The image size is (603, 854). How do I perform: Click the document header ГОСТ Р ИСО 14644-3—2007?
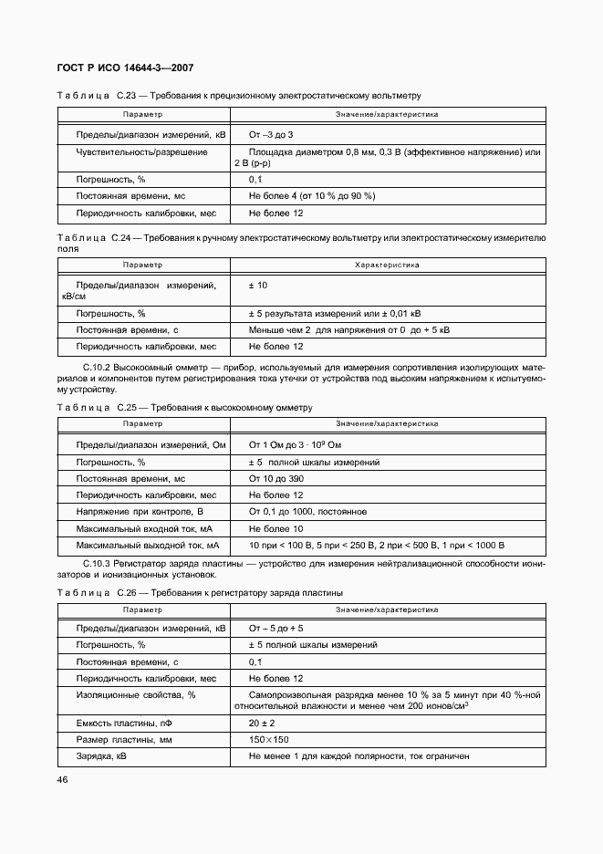(125, 68)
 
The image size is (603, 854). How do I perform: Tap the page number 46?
(63, 779)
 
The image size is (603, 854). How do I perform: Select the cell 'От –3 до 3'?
(271, 134)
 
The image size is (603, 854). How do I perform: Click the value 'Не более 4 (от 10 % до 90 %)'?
(311, 196)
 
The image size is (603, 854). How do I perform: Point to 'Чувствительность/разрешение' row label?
(141, 151)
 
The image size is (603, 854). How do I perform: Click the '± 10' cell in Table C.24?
(258, 286)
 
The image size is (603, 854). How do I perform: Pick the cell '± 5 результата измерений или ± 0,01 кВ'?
(335, 313)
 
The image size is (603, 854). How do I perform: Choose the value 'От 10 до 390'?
(276, 478)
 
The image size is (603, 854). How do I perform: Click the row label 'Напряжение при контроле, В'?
(139, 512)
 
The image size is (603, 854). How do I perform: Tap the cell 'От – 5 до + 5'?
(276, 629)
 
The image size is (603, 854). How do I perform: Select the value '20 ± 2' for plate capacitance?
(263, 724)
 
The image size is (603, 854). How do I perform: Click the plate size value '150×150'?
(269, 740)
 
